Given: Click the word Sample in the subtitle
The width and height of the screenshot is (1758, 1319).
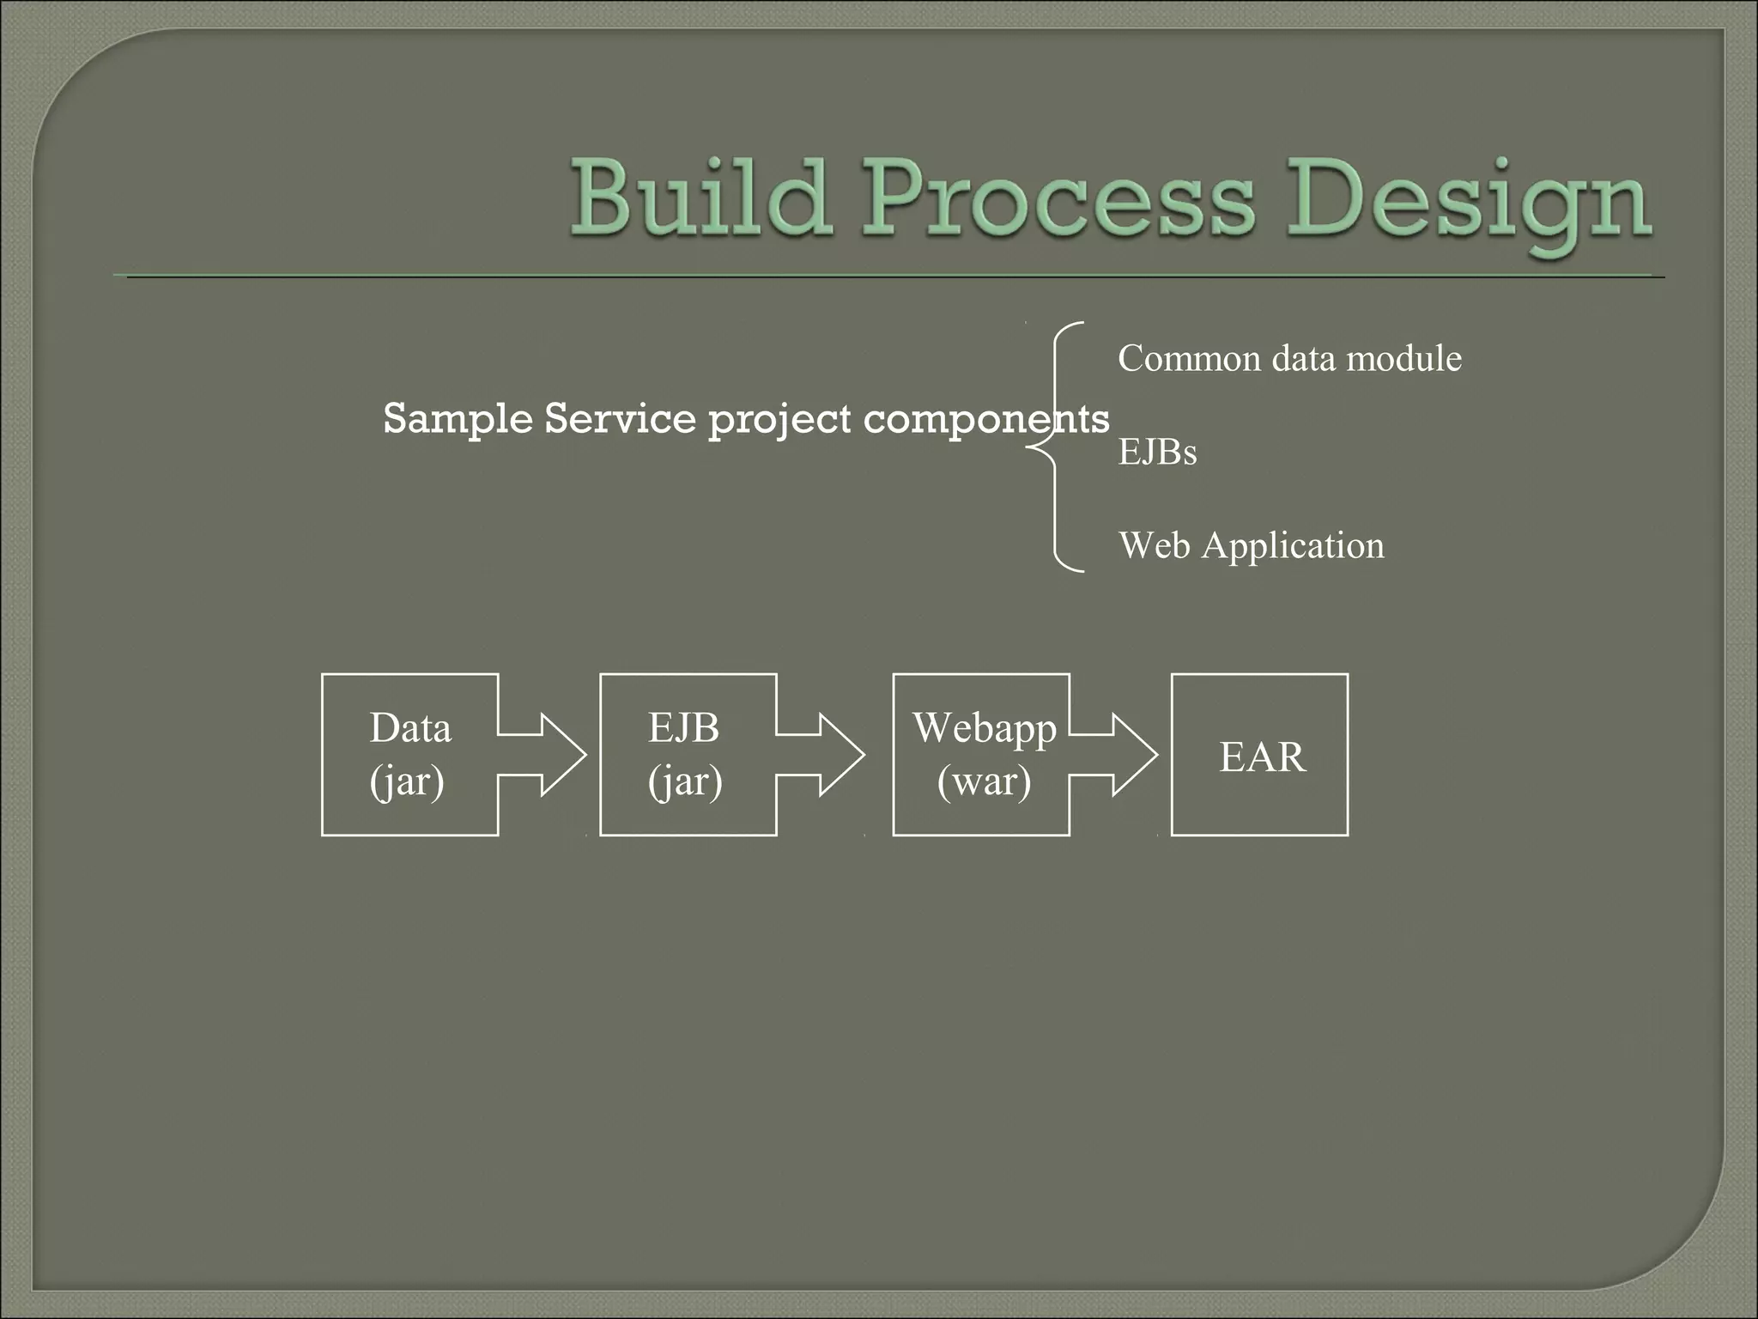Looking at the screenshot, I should [457, 419].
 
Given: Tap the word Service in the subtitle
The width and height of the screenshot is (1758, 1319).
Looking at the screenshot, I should [620, 419].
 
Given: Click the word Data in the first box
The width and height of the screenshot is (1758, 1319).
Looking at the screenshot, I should [410, 728].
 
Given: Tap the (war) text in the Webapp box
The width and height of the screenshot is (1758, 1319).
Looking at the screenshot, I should [984, 781].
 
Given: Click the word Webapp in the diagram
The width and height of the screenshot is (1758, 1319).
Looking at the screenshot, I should [984, 728].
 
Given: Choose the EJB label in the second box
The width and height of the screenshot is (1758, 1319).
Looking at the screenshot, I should [683, 728].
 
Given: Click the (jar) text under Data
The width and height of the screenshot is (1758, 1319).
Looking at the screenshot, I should [407, 781].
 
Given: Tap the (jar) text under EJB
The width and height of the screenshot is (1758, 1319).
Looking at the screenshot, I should [685, 781].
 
